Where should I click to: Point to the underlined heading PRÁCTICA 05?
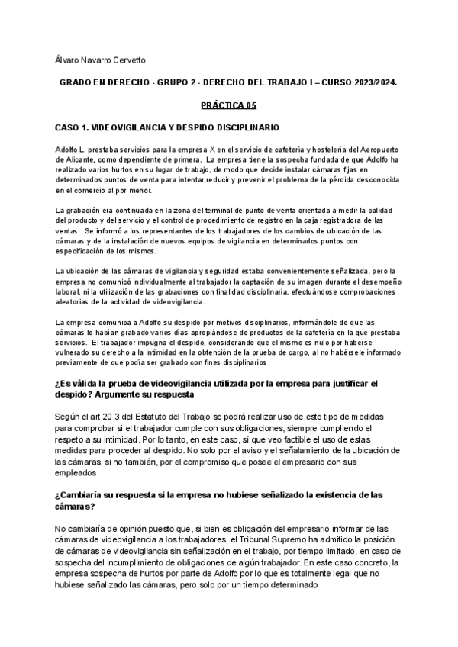point(227,106)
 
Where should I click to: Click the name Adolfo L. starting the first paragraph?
point(71,150)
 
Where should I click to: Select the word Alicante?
point(77,159)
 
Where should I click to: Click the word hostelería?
point(309,150)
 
